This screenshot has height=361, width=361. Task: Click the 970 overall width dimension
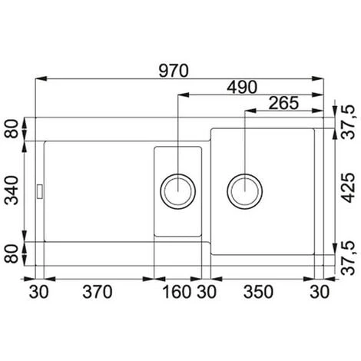click(174, 71)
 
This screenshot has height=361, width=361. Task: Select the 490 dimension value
click(242, 87)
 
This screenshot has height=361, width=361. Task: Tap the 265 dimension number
click(283, 103)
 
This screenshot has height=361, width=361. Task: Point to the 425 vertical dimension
click(349, 187)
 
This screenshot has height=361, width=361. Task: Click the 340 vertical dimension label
click(12, 190)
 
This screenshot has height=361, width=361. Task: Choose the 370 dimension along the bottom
click(98, 292)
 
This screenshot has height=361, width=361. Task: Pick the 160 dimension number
click(177, 292)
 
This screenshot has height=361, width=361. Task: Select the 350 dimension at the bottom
click(258, 292)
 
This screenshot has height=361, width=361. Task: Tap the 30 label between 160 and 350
click(207, 292)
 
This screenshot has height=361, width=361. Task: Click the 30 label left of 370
click(38, 292)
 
